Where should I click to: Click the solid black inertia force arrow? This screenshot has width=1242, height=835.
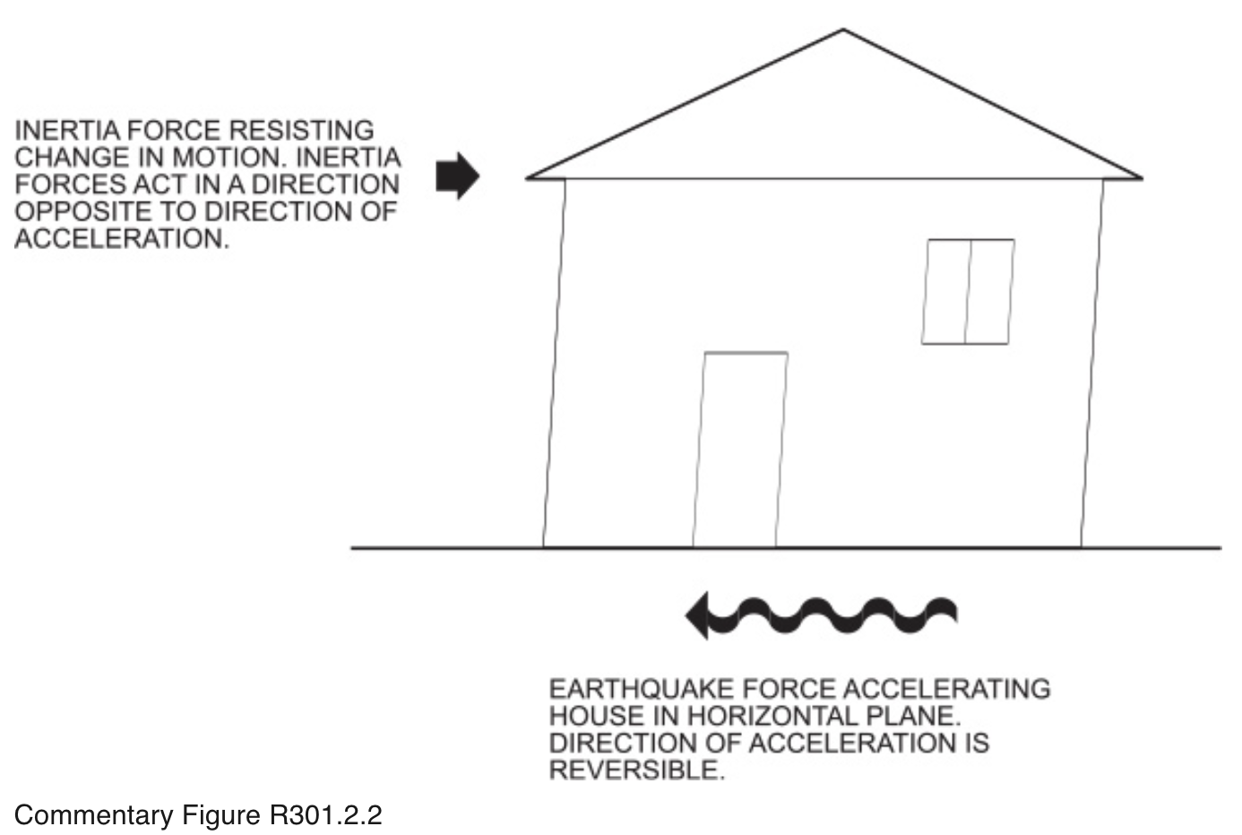pos(457,175)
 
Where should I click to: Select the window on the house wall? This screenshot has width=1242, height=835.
pos(968,292)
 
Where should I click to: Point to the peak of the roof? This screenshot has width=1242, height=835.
pos(843,30)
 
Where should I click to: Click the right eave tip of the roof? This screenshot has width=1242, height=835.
pos(1141,178)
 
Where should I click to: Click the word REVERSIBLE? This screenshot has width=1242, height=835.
pos(634,770)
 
